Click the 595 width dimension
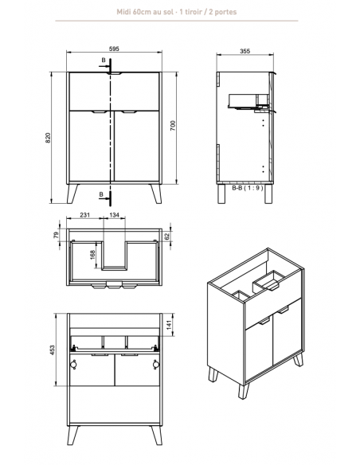coord(114,49)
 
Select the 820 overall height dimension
coord(48,138)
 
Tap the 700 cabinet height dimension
coord(173,126)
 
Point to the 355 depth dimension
coord(245,51)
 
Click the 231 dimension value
coord(84,215)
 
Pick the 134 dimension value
coord(114,215)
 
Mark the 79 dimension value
coord(56,235)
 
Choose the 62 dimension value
coord(166,236)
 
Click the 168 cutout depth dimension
coord(92,255)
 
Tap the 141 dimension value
coord(169,325)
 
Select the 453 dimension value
coord(53,350)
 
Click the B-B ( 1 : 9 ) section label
coord(248,188)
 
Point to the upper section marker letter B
coord(104,61)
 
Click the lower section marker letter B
coord(101,194)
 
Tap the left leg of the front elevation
coord(72,193)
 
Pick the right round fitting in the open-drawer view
coord(156,364)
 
